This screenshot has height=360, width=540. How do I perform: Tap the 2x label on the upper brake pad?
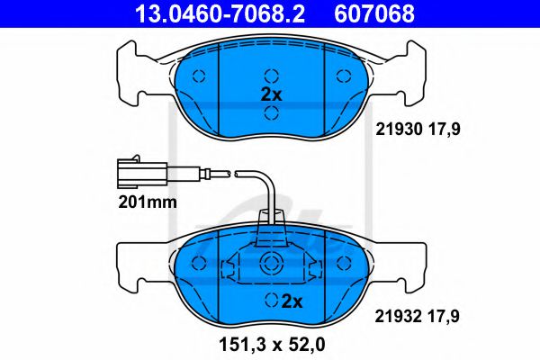(x=272, y=94)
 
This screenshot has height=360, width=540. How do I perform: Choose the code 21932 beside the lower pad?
(x=395, y=316)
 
